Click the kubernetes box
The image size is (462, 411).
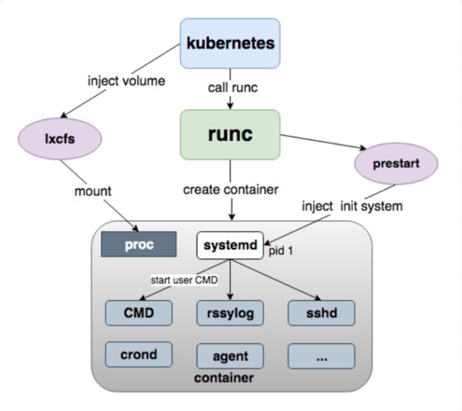pyautogui.click(x=230, y=43)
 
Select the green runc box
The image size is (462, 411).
pyautogui.click(x=230, y=134)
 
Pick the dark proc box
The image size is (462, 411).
pyautogui.click(x=139, y=245)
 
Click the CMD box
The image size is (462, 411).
pyautogui.click(x=138, y=313)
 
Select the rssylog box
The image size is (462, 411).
pyautogui.click(x=230, y=313)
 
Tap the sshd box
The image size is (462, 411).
pyautogui.click(x=321, y=313)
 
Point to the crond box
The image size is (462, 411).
pyautogui.click(x=138, y=355)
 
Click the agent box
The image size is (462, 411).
pyautogui.click(x=230, y=356)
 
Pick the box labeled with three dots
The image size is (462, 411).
pyautogui.click(x=321, y=356)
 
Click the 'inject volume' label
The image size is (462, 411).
pyautogui.click(x=126, y=81)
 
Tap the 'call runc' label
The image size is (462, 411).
pyautogui.click(x=232, y=88)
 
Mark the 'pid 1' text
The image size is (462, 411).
pyautogui.click(x=280, y=251)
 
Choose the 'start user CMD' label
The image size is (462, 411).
pyautogui.click(x=184, y=279)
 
